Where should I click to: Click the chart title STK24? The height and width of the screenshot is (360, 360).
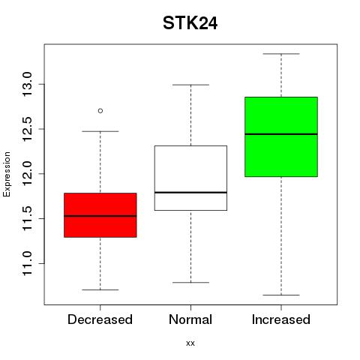pyautogui.click(x=190, y=23)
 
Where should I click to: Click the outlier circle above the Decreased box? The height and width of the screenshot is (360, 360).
pyautogui.click(x=100, y=111)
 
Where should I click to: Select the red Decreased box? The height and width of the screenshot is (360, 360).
pyautogui.click(x=100, y=215)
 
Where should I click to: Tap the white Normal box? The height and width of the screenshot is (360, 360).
pyautogui.click(x=190, y=178)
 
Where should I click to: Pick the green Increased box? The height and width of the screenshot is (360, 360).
pyautogui.click(x=281, y=136)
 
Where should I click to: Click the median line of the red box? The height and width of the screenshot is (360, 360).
pyautogui.click(x=100, y=216)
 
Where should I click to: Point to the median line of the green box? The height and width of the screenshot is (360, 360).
pyautogui.click(x=281, y=134)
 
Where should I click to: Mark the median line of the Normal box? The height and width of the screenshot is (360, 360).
pyautogui.click(x=190, y=192)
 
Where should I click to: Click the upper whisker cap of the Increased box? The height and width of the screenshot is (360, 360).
pyautogui.click(x=281, y=54)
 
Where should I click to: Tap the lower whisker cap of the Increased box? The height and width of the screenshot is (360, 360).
pyautogui.click(x=281, y=295)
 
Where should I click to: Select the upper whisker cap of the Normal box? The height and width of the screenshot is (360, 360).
pyautogui.click(x=190, y=85)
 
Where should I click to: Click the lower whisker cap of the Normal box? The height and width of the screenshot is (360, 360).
pyautogui.click(x=190, y=283)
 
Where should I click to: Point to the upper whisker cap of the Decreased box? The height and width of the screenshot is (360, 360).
pyautogui.click(x=100, y=131)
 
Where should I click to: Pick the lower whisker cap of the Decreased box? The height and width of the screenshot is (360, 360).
pyautogui.click(x=100, y=289)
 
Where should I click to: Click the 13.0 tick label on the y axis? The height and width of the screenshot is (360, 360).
pyautogui.click(x=27, y=84)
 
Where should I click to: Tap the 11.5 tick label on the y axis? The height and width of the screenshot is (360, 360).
pyautogui.click(x=27, y=218)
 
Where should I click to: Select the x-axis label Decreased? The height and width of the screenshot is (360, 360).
pyautogui.click(x=100, y=319)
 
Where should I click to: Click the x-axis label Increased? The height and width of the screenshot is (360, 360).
pyautogui.click(x=281, y=319)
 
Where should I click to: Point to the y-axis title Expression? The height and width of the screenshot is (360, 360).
pyautogui.click(x=7, y=174)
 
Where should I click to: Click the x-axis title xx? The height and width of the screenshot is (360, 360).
pyautogui.click(x=190, y=343)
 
